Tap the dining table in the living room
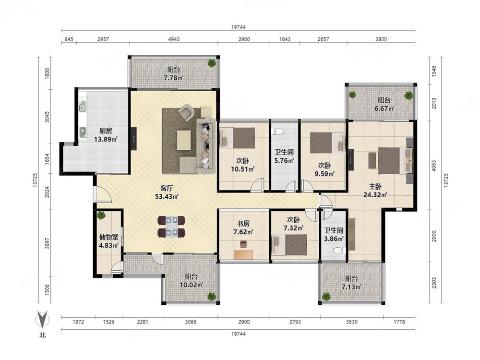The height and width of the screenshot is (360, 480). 171,227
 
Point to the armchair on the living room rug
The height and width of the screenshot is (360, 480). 187,112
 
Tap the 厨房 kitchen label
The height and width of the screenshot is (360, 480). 106,131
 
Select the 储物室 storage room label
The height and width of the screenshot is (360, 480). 108,237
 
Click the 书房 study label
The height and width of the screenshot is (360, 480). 243,224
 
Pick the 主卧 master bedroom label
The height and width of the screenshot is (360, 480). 375,186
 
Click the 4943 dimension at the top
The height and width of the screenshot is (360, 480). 174,39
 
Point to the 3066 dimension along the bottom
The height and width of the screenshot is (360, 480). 191,322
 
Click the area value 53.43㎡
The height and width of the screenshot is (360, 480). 167,196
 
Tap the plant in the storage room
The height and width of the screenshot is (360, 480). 101,215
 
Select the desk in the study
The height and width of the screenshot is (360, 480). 244,255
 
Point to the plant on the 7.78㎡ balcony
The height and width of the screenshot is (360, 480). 212,63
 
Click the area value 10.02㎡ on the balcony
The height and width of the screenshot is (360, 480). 192,285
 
